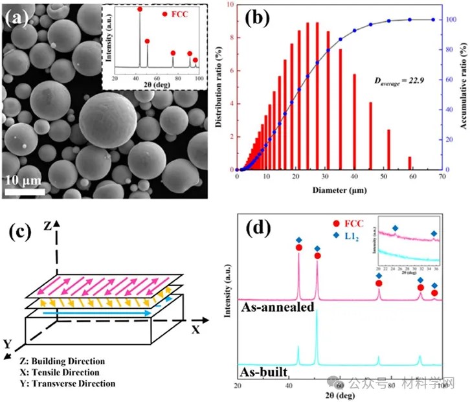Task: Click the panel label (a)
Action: point(17,18)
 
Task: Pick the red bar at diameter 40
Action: point(354,122)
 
